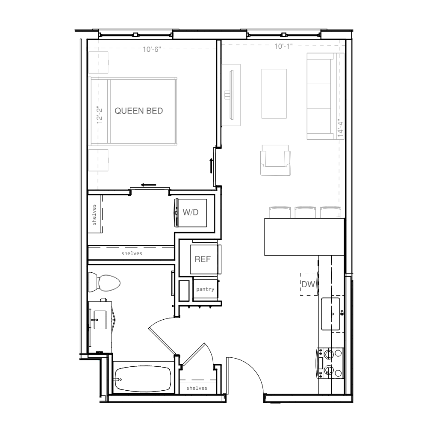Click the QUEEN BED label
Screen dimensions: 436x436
(x=139, y=111)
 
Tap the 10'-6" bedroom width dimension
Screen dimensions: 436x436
(x=152, y=49)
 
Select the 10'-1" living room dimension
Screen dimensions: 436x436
(x=283, y=46)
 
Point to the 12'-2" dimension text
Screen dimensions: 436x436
(x=99, y=115)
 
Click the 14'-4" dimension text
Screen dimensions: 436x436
(x=340, y=128)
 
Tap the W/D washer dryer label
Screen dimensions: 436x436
(x=191, y=212)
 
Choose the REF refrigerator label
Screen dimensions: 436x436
(x=203, y=259)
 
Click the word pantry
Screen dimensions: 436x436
(x=205, y=289)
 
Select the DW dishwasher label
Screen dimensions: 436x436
(x=308, y=284)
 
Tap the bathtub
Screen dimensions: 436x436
(x=143, y=379)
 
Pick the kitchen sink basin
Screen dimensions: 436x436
(x=330, y=314)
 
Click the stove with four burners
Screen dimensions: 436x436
(x=330, y=363)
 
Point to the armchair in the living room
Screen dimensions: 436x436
(x=275, y=160)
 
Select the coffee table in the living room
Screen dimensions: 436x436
(x=274, y=94)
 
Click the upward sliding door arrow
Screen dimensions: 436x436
(x=211, y=166)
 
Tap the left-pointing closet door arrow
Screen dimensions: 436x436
(x=148, y=185)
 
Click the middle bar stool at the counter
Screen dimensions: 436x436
(x=305, y=212)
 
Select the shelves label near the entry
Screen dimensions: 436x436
(x=197, y=388)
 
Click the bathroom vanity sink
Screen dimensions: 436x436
(x=100, y=320)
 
